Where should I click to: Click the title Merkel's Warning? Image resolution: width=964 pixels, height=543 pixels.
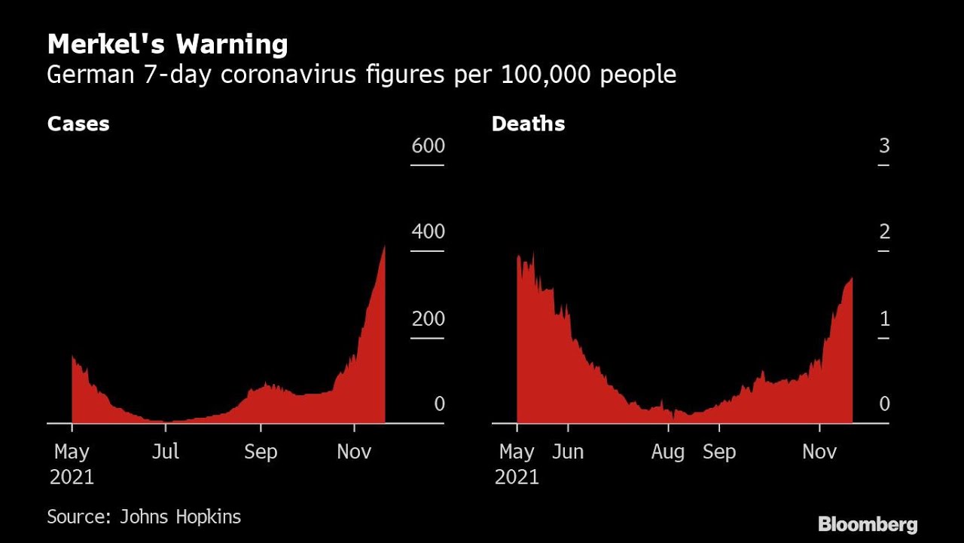click(x=167, y=45)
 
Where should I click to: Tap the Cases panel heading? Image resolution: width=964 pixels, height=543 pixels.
click(x=78, y=124)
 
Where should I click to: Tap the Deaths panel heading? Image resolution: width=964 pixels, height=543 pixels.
click(x=528, y=124)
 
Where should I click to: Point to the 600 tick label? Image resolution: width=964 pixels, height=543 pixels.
click(x=428, y=146)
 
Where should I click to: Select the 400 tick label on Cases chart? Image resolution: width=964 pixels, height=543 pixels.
click(x=428, y=232)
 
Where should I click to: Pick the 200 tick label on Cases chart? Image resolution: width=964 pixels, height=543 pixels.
click(x=428, y=318)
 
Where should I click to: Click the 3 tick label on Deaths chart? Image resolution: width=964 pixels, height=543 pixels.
click(x=884, y=146)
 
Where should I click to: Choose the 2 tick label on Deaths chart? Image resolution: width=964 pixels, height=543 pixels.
click(x=884, y=232)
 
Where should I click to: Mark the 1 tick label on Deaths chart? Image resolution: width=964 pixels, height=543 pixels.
click(x=884, y=318)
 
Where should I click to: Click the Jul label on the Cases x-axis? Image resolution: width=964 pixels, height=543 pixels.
click(x=165, y=452)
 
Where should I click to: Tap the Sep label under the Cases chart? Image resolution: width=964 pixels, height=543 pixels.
click(x=261, y=452)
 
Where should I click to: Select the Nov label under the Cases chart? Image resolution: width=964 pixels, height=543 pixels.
click(x=354, y=452)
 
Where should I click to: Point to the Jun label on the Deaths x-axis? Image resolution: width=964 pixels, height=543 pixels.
click(x=567, y=452)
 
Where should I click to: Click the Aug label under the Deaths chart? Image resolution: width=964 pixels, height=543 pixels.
click(x=668, y=452)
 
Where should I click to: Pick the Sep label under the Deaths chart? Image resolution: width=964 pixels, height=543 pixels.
click(x=718, y=452)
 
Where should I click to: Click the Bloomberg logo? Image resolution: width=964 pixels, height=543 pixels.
click(x=868, y=524)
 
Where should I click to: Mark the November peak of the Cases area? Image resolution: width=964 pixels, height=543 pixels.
click(x=384, y=247)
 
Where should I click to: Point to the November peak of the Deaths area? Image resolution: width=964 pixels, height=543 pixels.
click(x=851, y=279)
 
